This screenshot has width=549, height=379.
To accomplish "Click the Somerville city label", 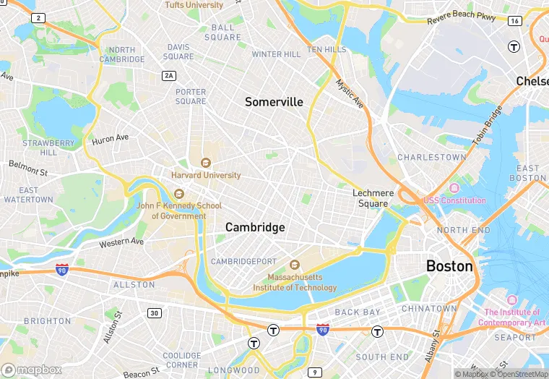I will click(x=274, y=102).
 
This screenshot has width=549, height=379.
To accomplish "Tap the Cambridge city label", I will click(x=255, y=227).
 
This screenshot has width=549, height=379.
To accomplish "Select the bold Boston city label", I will click(x=449, y=266).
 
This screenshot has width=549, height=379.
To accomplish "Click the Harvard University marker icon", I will click(x=206, y=163).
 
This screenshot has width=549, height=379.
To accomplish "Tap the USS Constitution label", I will click(x=454, y=200).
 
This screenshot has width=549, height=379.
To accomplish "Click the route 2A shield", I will click(x=169, y=75).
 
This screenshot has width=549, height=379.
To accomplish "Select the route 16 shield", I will click(x=514, y=22).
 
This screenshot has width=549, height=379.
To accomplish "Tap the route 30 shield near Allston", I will click(x=155, y=312).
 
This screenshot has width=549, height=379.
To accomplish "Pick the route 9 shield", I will click(x=314, y=372).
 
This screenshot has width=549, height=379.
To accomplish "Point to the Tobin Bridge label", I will click(x=488, y=128).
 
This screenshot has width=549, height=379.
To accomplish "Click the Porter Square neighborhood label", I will click(x=190, y=96).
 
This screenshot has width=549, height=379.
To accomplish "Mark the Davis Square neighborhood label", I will click(x=178, y=51).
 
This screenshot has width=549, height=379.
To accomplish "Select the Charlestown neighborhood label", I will click(x=432, y=157).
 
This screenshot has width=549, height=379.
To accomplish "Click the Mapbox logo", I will click(x=32, y=369).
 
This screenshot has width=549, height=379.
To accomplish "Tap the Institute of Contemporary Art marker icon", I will click(x=511, y=300).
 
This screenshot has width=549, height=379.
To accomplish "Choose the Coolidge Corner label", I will click(x=181, y=360).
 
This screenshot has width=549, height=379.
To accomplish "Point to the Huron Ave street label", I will click(x=110, y=139).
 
